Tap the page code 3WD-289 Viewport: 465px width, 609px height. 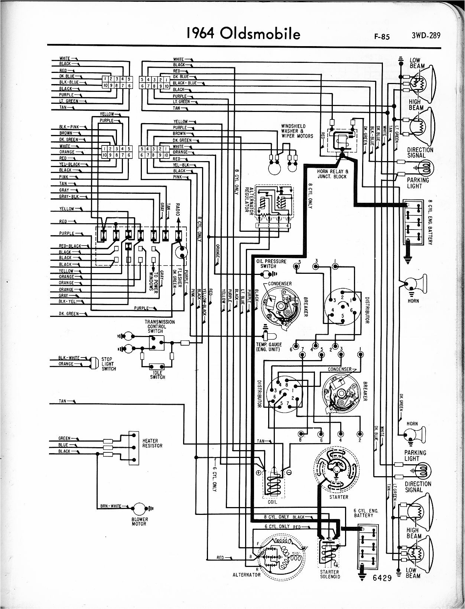coord(426,36)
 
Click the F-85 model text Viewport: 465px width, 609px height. coord(382,37)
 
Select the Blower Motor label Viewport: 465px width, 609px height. coord(140,522)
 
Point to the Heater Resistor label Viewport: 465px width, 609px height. coord(152,443)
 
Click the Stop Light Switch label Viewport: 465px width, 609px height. coord(108,364)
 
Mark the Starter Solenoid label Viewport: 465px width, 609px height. coord(330,574)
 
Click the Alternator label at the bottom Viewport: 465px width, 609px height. coord(247,575)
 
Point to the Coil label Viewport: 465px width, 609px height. coord(272,502)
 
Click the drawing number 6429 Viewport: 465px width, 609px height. coord(382,578)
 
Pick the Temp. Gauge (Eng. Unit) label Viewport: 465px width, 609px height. coord(269,347)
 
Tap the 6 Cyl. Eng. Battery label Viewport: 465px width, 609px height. coord(366,513)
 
